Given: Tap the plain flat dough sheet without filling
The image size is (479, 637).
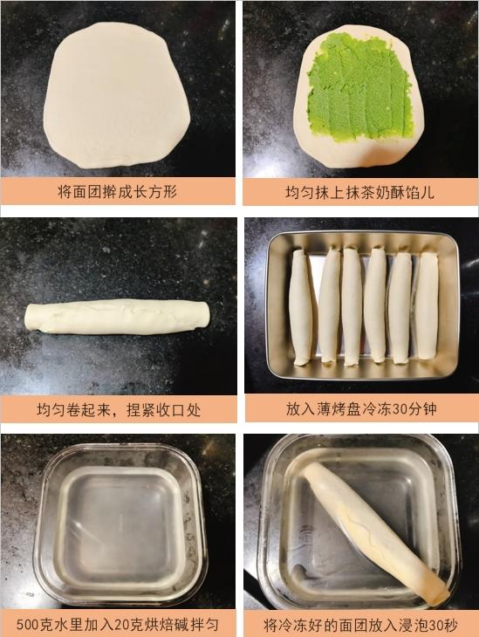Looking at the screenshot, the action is [117, 95].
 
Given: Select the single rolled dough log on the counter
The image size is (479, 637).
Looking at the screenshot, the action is [117, 317].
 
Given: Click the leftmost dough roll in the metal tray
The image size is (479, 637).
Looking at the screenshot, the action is [301, 307].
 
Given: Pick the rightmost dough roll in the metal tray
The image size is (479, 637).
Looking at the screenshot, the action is [426, 305].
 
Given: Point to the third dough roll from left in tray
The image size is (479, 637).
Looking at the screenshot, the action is [352, 306].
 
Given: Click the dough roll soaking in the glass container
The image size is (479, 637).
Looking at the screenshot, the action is [376, 531].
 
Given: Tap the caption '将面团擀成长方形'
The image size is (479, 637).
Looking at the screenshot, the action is [118, 191].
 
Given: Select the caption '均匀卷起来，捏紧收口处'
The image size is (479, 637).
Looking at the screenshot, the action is [119, 409].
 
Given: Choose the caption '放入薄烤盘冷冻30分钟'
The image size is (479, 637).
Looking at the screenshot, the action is [361, 409].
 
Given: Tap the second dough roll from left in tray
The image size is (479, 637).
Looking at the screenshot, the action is [329, 305].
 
